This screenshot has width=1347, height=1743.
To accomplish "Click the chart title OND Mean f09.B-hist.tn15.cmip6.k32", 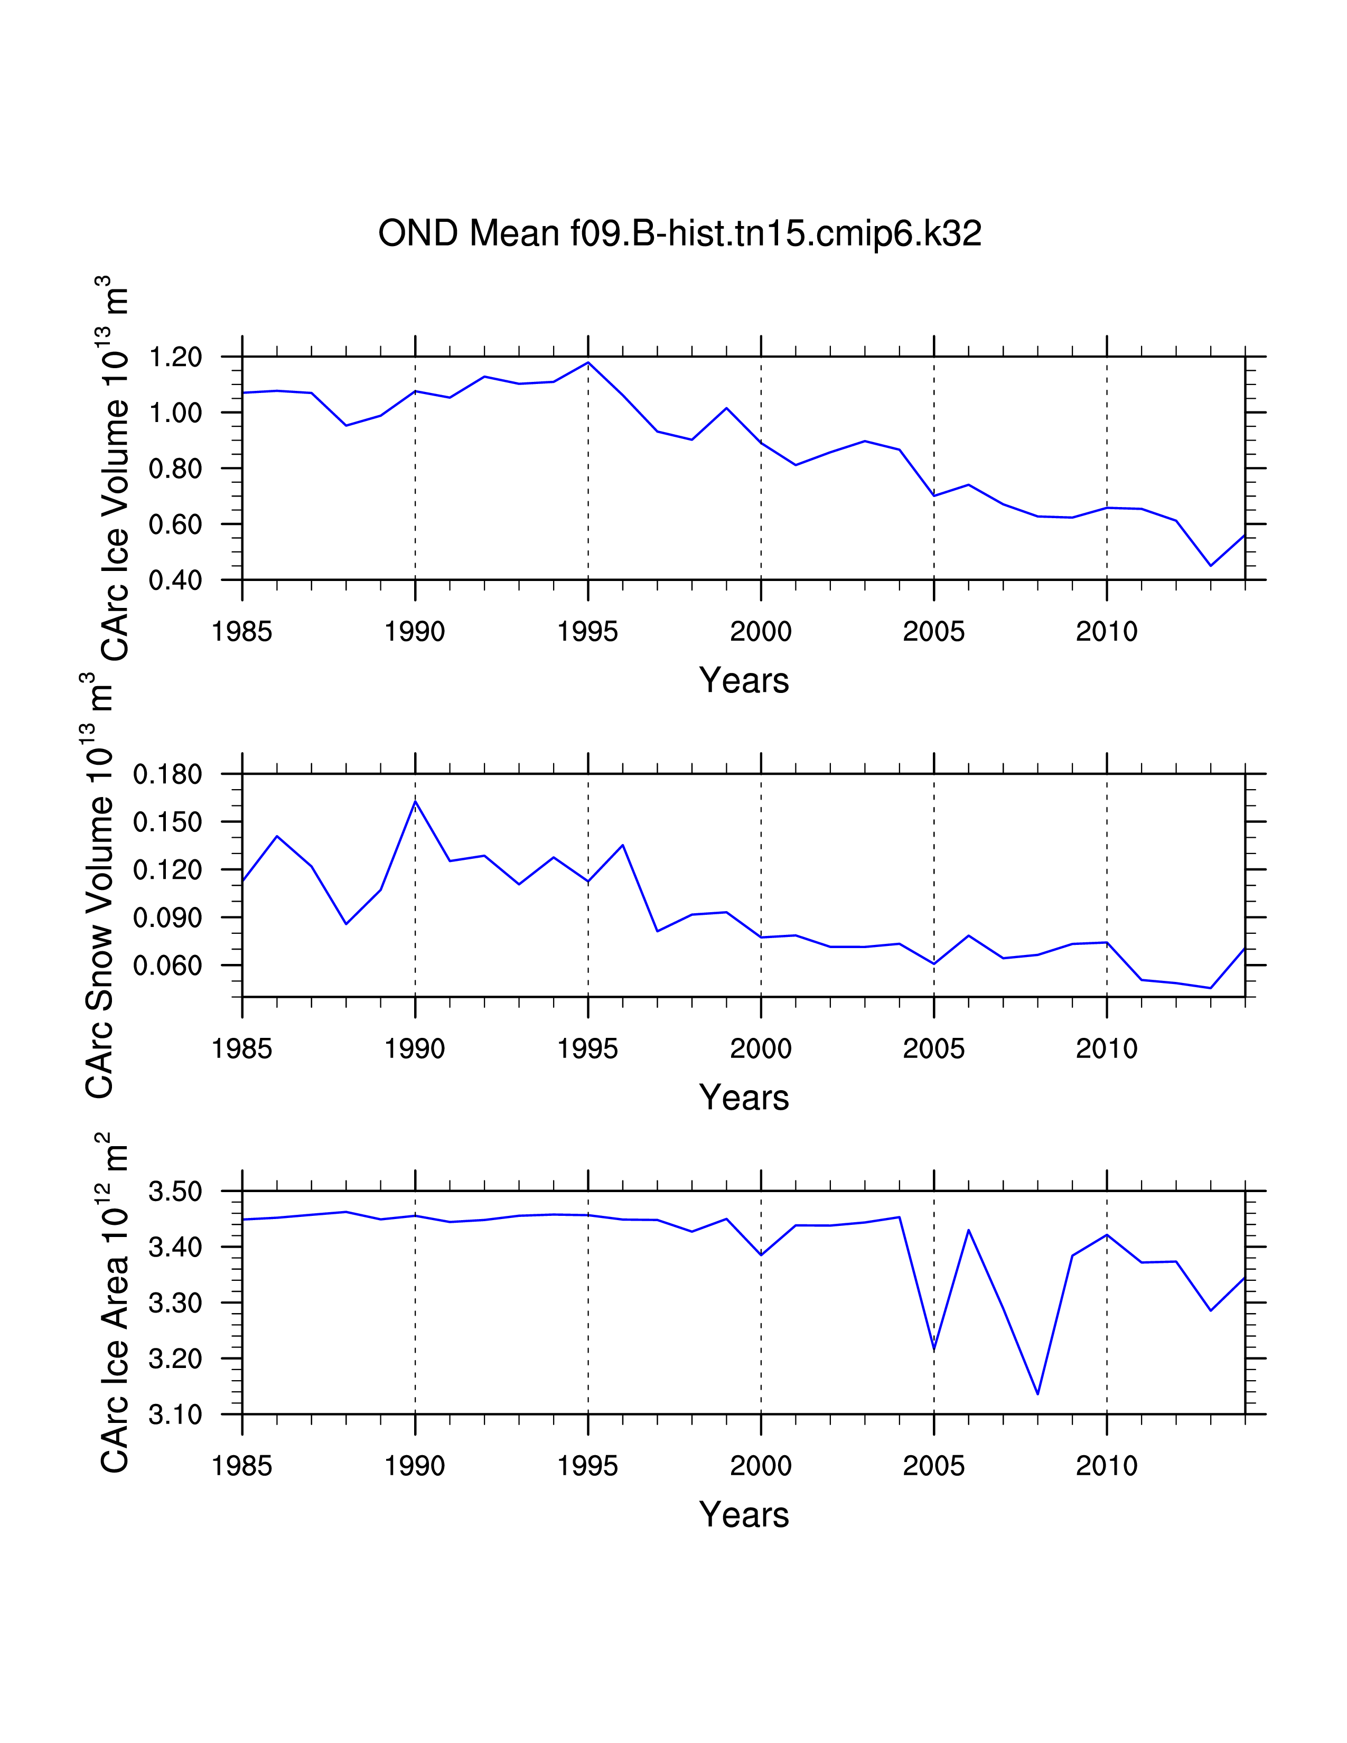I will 679,234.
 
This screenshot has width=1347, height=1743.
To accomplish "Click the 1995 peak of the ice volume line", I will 588,362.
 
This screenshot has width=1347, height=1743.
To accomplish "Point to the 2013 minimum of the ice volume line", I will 1211,566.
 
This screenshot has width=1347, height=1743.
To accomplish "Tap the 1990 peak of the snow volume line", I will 415,801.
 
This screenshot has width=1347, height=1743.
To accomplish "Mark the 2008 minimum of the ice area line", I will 1037,1394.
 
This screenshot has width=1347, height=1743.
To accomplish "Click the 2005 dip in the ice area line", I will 933,1350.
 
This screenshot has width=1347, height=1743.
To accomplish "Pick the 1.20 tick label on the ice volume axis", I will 175,357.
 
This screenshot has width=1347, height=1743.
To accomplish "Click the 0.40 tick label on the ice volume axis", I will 175,580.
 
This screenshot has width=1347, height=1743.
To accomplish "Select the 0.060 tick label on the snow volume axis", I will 167,966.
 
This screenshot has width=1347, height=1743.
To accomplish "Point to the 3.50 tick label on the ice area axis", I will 175,1192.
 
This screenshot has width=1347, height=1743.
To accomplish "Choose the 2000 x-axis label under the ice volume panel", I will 761,632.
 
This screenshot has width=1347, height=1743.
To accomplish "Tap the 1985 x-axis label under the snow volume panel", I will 242,1048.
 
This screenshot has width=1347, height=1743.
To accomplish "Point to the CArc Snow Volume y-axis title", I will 100,886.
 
